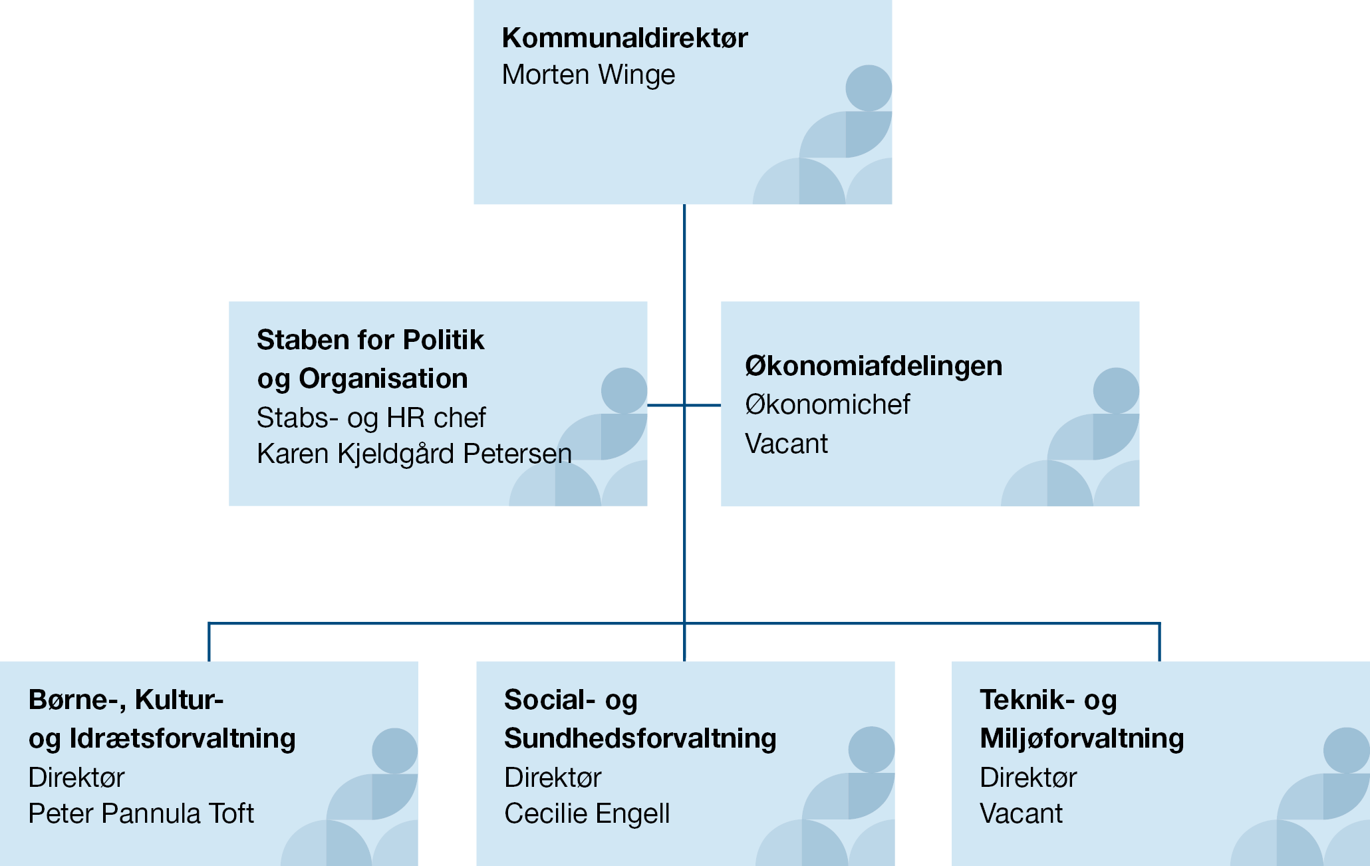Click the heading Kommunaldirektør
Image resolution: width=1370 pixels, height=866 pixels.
(x=624, y=38)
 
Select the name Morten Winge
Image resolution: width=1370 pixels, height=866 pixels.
(x=589, y=75)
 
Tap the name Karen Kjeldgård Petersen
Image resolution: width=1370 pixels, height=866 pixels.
(x=414, y=454)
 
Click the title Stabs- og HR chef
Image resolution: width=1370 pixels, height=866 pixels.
(x=371, y=418)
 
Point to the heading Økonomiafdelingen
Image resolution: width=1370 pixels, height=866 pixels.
(x=873, y=366)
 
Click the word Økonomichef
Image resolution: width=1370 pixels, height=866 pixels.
(x=827, y=404)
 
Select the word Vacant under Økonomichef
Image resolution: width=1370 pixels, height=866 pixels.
(x=786, y=444)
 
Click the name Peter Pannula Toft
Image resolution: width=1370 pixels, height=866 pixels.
(x=141, y=813)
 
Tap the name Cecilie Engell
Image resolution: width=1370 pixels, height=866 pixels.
(x=587, y=813)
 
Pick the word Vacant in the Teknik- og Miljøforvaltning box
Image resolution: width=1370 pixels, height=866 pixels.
(x=1021, y=813)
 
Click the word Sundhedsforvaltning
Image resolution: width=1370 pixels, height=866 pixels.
(x=640, y=738)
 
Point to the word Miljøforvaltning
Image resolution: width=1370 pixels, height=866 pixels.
(x=1081, y=738)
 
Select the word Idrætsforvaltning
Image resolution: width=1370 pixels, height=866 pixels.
(x=182, y=738)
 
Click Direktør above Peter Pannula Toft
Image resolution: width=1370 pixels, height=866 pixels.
(x=76, y=778)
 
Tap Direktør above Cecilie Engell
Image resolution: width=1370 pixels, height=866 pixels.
(x=553, y=778)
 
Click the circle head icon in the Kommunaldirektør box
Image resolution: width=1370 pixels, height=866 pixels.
(x=869, y=88)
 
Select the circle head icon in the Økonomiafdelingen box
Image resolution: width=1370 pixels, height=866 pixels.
(x=1116, y=390)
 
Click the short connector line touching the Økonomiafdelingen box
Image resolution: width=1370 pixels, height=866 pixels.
(x=703, y=405)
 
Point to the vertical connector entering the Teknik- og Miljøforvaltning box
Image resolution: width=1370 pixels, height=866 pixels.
(x=1159, y=642)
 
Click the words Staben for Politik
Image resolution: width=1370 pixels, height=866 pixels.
(x=370, y=340)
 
